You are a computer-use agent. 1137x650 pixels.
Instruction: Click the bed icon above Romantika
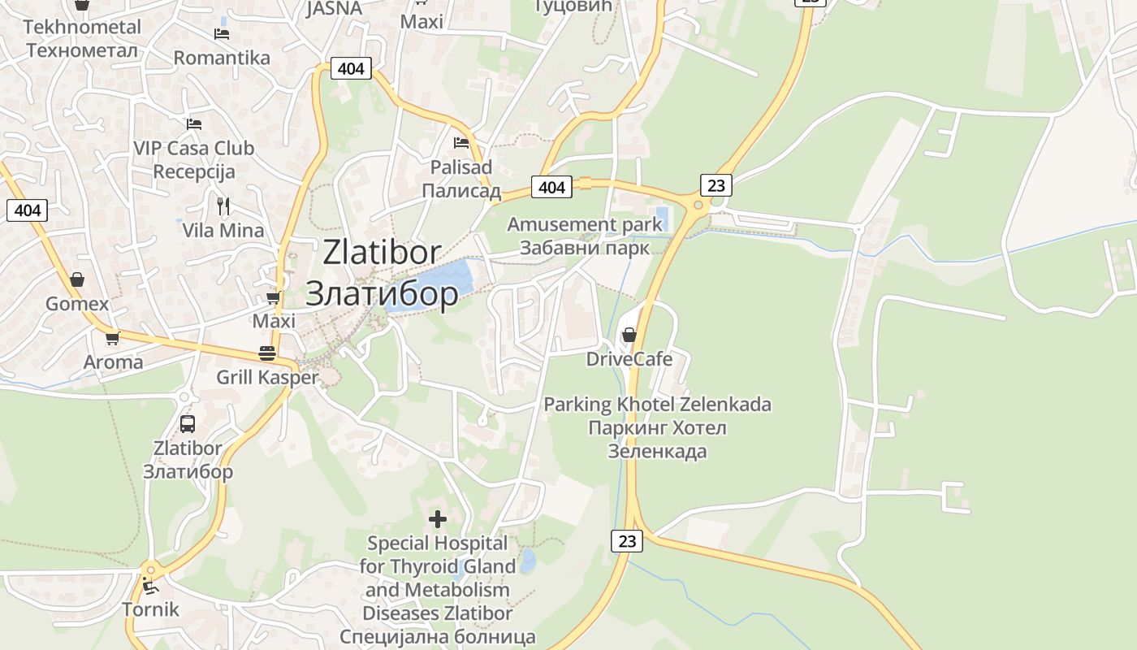click(x=222, y=34)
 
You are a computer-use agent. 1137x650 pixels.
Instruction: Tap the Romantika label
click(x=222, y=58)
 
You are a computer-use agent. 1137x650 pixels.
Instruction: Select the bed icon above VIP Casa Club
click(x=194, y=124)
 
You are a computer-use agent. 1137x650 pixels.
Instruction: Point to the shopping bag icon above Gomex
click(x=77, y=279)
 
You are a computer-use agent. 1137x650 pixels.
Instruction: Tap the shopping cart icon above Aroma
click(x=112, y=338)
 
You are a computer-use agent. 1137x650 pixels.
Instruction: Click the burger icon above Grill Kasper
click(x=267, y=353)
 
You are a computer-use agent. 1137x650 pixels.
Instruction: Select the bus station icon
click(x=188, y=423)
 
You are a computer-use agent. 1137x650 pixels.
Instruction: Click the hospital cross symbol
click(x=438, y=518)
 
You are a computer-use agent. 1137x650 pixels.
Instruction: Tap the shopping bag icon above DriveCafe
click(x=629, y=334)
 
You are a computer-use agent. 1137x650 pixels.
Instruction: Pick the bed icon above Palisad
click(x=461, y=143)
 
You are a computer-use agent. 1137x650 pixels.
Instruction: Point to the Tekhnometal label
click(x=82, y=27)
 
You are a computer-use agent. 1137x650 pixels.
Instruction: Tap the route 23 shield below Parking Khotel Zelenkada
click(x=626, y=540)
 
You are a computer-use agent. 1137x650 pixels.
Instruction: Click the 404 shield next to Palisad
click(x=551, y=188)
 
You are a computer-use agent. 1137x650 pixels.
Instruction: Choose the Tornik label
click(x=150, y=609)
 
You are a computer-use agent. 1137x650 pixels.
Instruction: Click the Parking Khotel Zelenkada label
click(x=657, y=405)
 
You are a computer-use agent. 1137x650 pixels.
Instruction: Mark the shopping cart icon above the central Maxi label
click(x=273, y=298)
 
